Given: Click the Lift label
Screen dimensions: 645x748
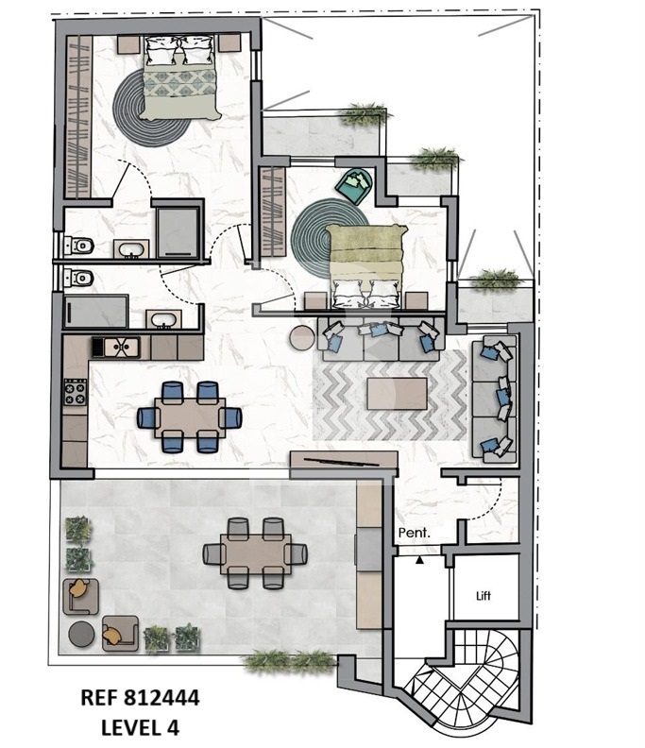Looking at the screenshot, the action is pyautogui.click(x=484, y=595).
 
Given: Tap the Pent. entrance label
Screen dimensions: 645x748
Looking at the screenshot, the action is pyautogui.click(x=414, y=533).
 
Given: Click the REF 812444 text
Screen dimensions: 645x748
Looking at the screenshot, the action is pyautogui.click(x=140, y=698).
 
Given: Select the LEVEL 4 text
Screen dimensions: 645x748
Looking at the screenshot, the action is pyautogui.click(x=140, y=727).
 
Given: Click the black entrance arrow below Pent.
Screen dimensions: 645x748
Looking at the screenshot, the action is pyautogui.click(x=419, y=560).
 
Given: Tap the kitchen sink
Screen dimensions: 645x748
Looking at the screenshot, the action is pyautogui.click(x=116, y=347).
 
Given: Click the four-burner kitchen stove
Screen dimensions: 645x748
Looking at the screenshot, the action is pyautogui.click(x=75, y=392).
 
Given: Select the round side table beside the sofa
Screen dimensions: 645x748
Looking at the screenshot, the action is pyautogui.click(x=302, y=338).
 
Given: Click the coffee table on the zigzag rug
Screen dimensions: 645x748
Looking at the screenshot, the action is pyautogui.click(x=397, y=394).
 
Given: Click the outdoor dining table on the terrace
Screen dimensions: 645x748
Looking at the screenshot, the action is pyautogui.click(x=256, y=553).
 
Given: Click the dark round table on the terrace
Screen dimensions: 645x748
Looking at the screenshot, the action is pyautogui.click(x=81, y=634).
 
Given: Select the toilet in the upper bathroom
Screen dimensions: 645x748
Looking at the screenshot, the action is pyautogui.click(x=78, y=246).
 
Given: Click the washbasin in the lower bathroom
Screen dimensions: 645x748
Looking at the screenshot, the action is pyautogui.click(x=163, y=319).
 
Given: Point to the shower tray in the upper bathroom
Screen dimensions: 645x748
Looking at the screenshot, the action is pyautogui.click(x=178, y=232).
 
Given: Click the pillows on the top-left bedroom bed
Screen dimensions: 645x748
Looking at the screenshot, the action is pyautogui.click(x=178, y=50).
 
